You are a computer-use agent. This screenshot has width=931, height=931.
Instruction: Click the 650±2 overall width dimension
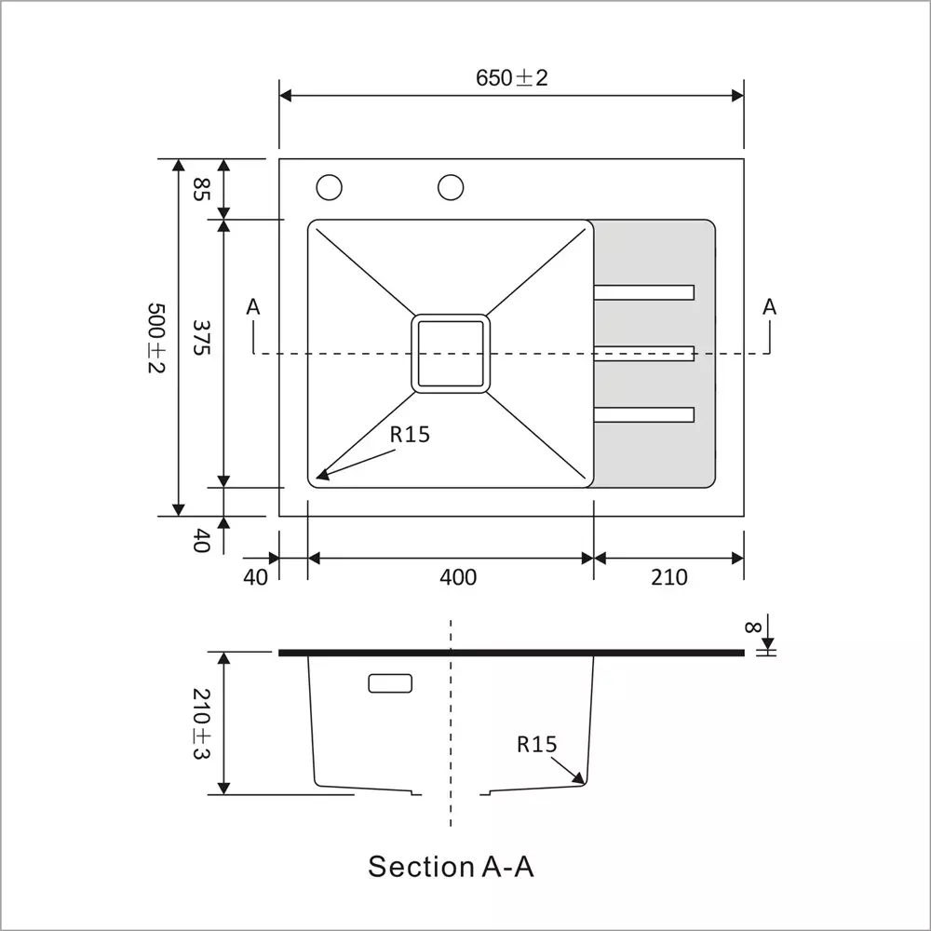[511, 78]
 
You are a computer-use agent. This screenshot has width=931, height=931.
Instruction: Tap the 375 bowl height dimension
[200, 337]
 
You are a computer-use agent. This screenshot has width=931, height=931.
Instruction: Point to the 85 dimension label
[200, 190]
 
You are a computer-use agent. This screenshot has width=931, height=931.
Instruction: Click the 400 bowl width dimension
[457, 577]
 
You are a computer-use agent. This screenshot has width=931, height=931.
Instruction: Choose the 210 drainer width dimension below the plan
[668, 577]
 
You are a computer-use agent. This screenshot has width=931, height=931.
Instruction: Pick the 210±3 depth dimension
[201, 723]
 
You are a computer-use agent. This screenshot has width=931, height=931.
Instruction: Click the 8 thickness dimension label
[751, 627]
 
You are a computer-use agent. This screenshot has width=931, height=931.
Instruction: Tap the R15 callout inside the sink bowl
[410, 434]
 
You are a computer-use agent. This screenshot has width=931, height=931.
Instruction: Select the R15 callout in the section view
[536, 744]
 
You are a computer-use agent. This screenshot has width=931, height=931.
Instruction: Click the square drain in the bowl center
[451, 353]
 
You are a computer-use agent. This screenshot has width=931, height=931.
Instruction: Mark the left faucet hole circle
[329, 187]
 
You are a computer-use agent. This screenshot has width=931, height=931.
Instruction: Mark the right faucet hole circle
[452, 187]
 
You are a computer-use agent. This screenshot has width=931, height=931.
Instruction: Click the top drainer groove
[644, 292]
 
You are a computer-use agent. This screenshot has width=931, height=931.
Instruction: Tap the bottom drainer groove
[644, 415]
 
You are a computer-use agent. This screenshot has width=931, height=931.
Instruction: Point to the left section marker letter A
[254, 306]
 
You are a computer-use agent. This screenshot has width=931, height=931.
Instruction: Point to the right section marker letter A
[769, 306]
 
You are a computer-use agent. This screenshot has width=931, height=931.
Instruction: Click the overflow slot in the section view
[390, 683]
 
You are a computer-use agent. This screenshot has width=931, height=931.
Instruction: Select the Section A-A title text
[451, 867]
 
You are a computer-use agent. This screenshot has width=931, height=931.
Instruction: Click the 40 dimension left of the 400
[255, 577]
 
